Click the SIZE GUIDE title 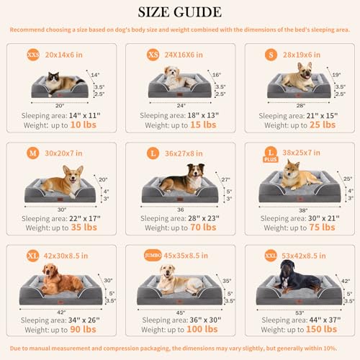click(180, 13)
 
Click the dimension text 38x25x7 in click(302, 153)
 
